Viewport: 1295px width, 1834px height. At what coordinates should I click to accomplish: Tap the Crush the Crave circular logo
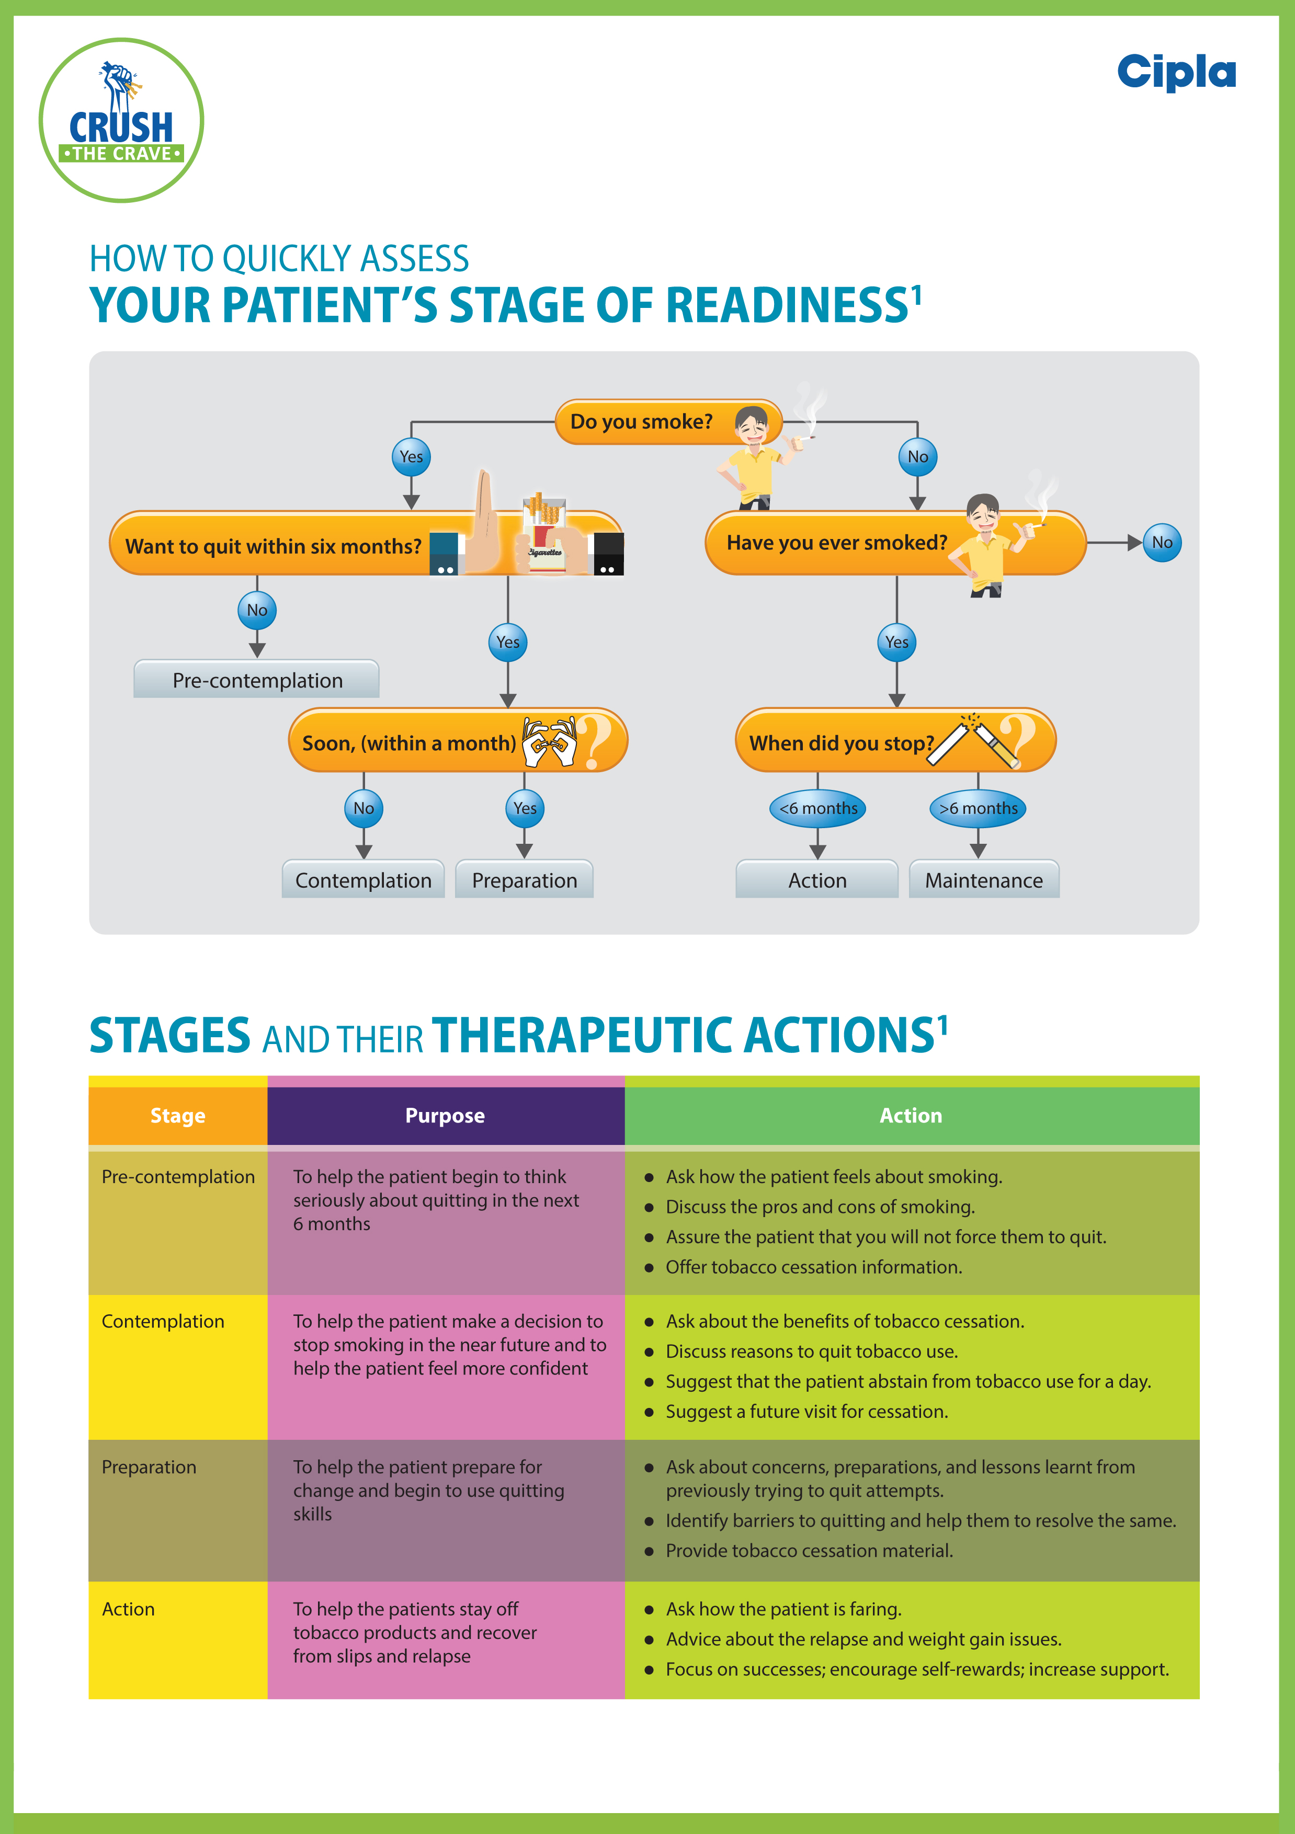tap(121, 120)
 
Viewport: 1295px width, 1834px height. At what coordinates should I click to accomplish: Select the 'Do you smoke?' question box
tap(668, 422)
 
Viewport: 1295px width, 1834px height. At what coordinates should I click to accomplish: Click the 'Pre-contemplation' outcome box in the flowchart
tap(256, 679)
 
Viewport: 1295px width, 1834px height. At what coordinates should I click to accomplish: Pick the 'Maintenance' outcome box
tap(984, 879)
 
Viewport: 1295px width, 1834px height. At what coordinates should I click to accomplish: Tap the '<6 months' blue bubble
tap(818, 808)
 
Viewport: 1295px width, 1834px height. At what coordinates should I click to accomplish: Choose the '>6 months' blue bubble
tap(978, 808)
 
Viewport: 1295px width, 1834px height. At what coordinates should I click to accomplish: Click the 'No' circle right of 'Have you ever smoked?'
tap(1162, 542)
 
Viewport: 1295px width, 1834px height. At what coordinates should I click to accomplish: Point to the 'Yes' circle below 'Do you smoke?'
tap(412, 457)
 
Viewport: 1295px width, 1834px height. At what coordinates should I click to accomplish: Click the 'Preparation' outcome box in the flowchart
tap(524, 879)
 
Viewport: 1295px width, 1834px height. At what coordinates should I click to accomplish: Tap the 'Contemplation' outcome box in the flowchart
tap(363, 879)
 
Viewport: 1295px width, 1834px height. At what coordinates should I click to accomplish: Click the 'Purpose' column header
tap(446, 1115)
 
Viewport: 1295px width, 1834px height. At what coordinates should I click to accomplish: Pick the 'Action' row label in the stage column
tap(129, 1609)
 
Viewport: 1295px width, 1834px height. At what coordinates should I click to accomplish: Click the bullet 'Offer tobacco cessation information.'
tap(813, 1267)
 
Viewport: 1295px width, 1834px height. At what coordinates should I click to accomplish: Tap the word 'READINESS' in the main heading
tap(788, 305)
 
